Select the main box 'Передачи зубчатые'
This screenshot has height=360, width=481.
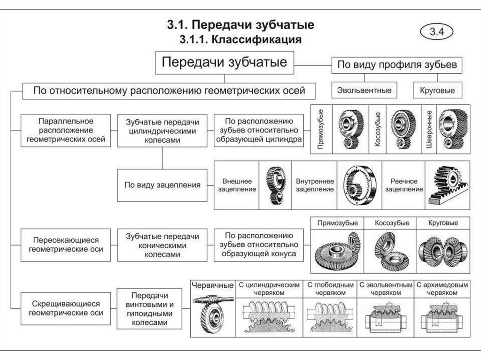click(225, 63)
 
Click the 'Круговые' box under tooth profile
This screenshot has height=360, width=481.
click(437, 90)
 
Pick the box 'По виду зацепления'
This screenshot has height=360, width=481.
click(162, 185)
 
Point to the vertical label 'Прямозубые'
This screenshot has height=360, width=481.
click(321, 129)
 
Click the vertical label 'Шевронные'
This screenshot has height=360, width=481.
click(428, 129)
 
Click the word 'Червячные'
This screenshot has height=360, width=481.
click(212, 285)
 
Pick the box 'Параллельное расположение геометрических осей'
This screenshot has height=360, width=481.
click(66, 130)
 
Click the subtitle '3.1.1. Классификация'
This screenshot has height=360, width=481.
click(240, 39)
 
